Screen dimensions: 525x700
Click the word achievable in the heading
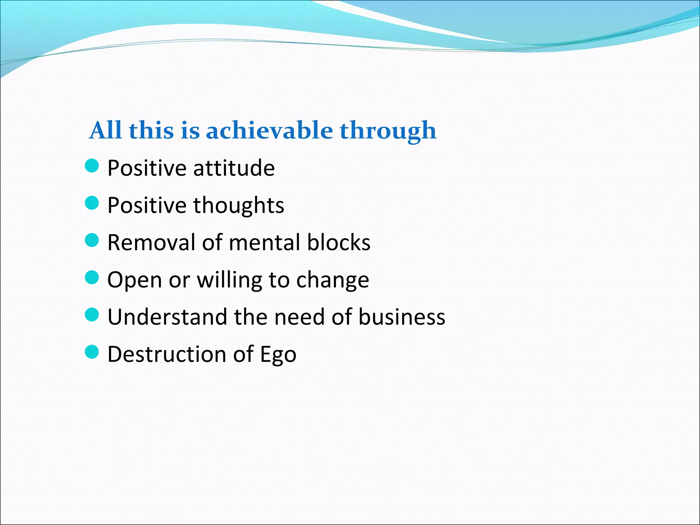[x=269, y=131]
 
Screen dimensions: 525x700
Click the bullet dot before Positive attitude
[x=92, y=166]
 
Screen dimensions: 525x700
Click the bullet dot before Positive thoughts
[x=92, y=203]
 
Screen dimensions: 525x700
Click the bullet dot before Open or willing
[x=92, y=278]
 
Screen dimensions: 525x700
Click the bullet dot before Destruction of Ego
[x=92, y=352]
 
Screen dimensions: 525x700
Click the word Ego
[x=278, y=355]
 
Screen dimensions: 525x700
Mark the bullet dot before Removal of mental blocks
[x=92, y=240]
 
